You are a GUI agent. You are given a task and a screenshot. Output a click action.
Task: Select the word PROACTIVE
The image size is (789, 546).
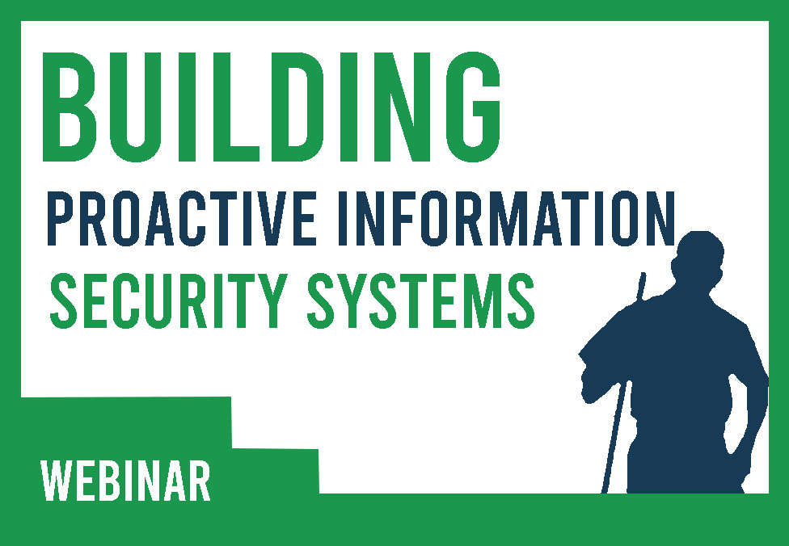pyautogui.click(x=158, y=215)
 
